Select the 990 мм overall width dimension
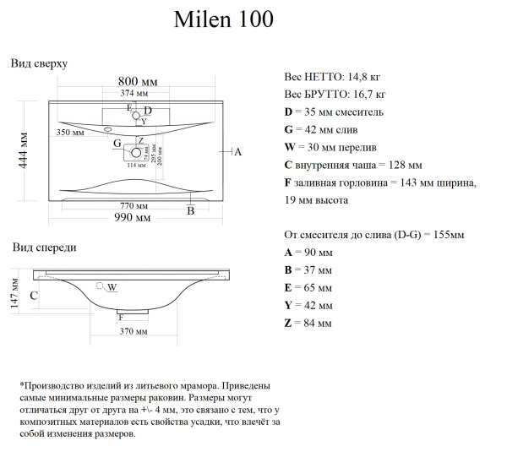coord(134,218)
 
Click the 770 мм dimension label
coord(134,205)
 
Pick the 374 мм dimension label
coord(134,94)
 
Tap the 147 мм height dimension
coord(14,295)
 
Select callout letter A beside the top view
coord(237,152)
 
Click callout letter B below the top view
coord(191,211)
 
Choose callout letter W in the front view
coord(112,288)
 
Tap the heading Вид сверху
coord(39,63)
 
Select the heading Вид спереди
coord(45,248)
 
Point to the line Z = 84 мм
coord(308,323)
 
